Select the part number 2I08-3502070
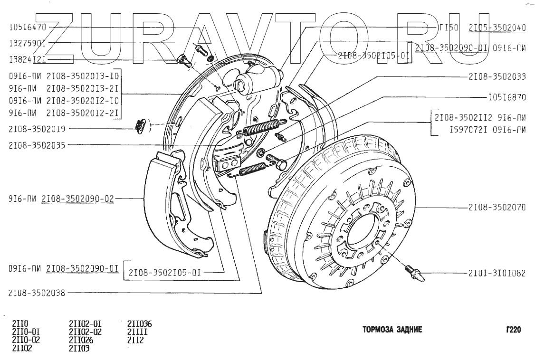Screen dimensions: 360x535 tap(497, 208)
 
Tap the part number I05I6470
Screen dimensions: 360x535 tap(27, 28)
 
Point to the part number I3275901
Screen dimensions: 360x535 tap(27, 43)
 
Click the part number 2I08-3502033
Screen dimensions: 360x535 tap(497, 76)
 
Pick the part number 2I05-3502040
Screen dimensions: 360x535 tap(497, 28)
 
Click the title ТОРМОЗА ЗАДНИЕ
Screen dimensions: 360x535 tap(392, 330)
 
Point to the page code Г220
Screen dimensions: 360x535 tap(513, 330)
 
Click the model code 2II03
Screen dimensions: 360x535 tap(79, 348)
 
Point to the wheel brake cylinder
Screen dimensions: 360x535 tap(257, 78)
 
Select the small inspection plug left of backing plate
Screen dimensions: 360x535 tap(139, 125)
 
